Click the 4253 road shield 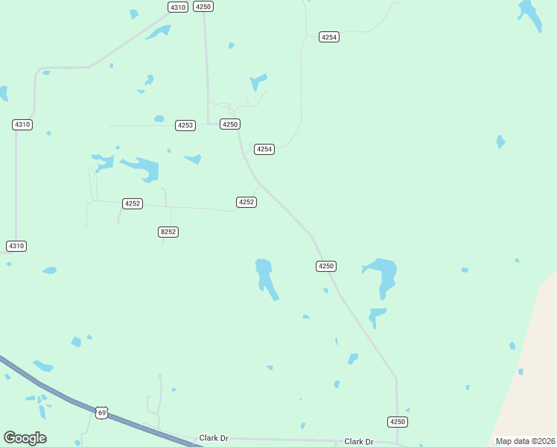point(185,125)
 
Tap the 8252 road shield point(168,232)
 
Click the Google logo point(25,438)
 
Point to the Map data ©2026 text point(525,441)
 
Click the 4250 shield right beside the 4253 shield point(229,124)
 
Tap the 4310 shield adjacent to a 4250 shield point(177,7)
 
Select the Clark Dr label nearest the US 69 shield point(214,438)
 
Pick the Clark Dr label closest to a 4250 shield point(358,442)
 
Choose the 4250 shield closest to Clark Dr point(398,422)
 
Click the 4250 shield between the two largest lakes point(326,266)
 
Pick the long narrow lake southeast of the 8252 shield point(265,277)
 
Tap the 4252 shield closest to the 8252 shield point(133,203)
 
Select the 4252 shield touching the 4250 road point(246,202)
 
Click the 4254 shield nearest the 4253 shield point(264,149)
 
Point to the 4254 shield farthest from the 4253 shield point(329,37)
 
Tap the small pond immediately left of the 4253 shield point(159,118)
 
